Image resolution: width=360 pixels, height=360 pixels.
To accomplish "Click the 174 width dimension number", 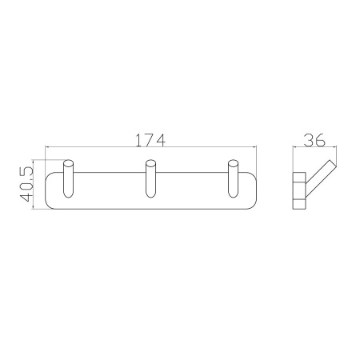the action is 151,141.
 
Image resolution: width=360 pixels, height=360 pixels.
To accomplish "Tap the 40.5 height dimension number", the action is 26,184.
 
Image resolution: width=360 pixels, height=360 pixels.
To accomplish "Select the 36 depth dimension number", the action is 314,140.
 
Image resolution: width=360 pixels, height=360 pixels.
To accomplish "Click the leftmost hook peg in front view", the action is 68,178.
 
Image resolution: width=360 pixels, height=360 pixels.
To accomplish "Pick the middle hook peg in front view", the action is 150,178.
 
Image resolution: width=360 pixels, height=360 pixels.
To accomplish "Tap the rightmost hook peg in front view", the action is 233,178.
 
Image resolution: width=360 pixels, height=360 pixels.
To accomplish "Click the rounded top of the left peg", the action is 68,163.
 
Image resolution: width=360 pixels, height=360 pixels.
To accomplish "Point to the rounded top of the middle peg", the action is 150,163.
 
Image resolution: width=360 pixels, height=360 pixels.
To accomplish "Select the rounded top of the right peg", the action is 233,163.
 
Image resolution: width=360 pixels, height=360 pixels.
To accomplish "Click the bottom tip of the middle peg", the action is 150,198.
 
